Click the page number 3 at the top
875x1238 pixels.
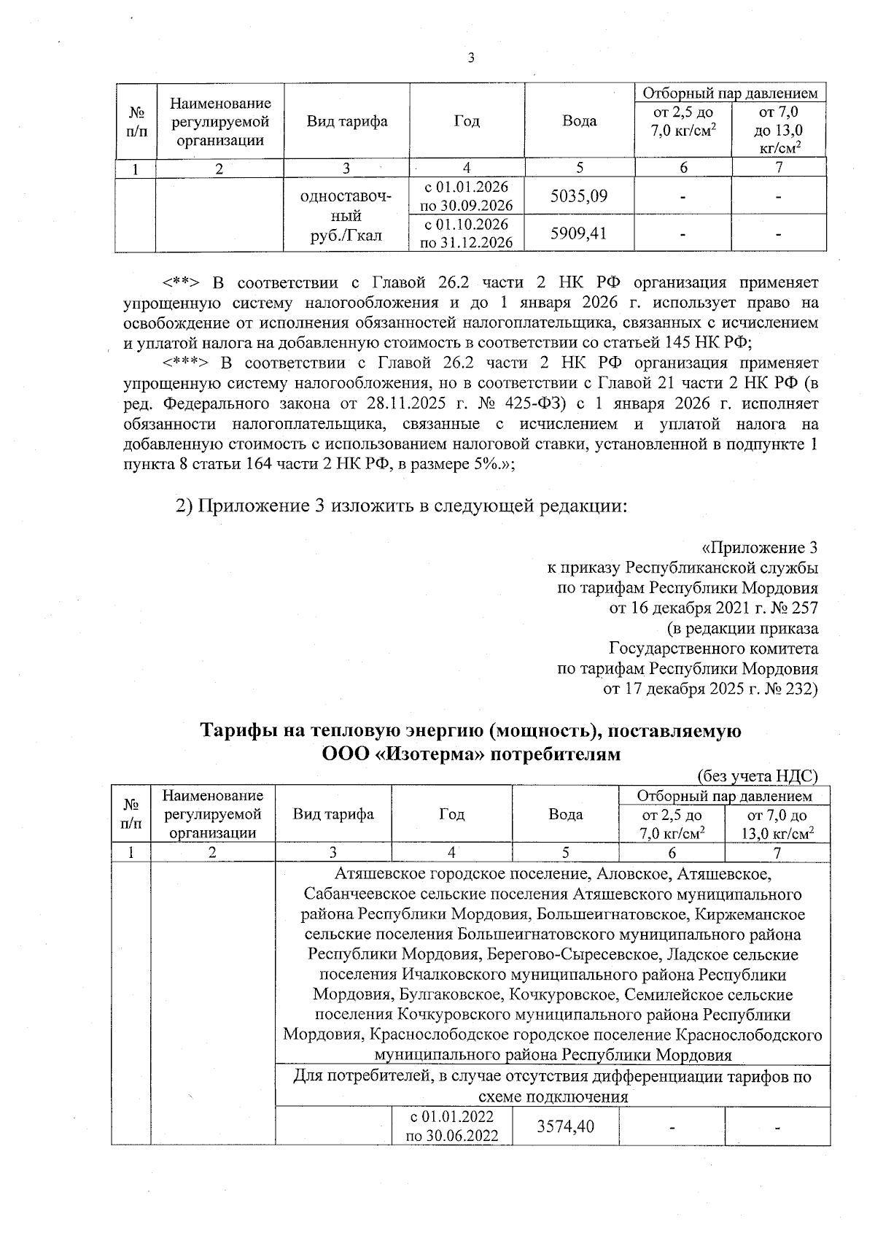470,59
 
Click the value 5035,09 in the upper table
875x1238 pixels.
579,196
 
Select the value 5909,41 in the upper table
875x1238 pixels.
579,233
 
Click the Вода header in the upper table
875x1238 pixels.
579,121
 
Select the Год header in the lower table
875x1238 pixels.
452,814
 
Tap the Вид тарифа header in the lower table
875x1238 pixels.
333,814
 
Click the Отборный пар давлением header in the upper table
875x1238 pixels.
730,93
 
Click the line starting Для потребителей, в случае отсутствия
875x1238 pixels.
552,1076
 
